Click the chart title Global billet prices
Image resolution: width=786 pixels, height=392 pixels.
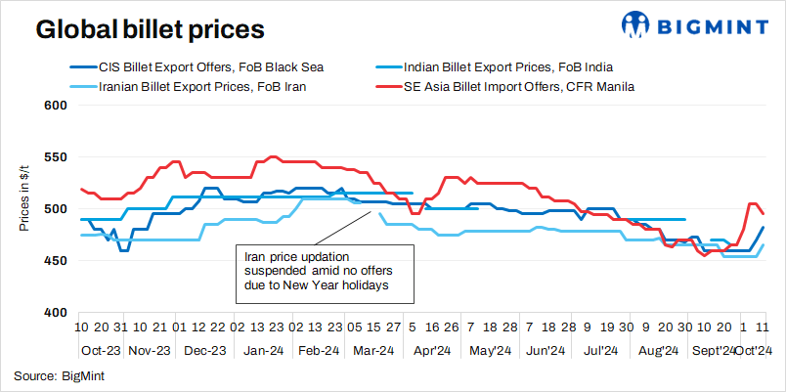[150, 29]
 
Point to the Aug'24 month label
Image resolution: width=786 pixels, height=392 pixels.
[658, 350]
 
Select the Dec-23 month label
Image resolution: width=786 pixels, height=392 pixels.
[206, 350]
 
